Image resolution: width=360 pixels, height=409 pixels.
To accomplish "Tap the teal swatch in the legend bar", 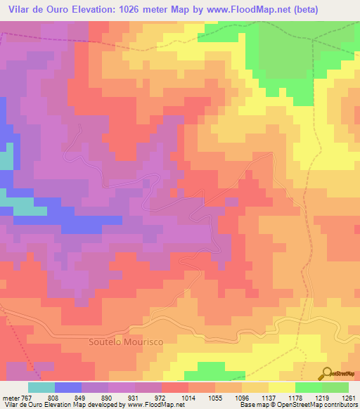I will coord(41,387).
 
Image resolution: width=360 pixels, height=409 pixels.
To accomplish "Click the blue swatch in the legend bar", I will coord(68,387).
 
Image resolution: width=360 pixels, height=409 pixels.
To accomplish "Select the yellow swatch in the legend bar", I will coord(282,387).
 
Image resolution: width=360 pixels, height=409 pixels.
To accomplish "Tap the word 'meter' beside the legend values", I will coord(11,398).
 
